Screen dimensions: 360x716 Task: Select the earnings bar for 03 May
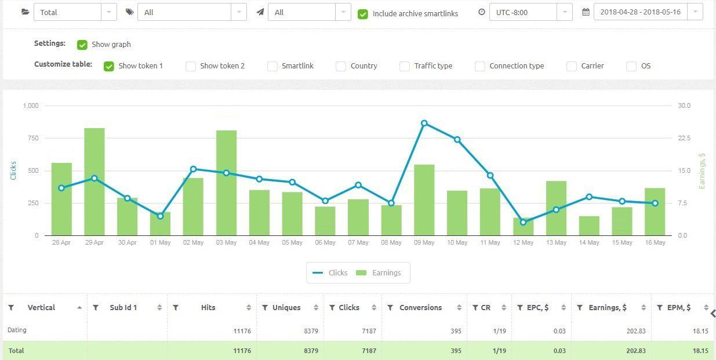[x=226, y=183]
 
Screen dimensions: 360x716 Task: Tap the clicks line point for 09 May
[x=424, y=123]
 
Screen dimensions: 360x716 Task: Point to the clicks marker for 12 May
[x=523, y=222]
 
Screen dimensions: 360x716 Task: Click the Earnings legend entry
[x=380, y=272]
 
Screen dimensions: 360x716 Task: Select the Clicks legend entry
[x=330, y=272]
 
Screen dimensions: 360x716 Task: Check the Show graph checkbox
[x=82, y=45]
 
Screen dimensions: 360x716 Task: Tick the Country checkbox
[x=341, y=66]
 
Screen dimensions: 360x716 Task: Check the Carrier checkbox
[x=572, y=66]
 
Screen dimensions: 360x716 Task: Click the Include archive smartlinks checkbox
[x=363, y=14]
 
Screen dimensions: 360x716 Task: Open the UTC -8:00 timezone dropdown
[x=530, y=12]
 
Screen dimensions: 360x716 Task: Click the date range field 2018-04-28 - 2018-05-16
[x=640, y=12]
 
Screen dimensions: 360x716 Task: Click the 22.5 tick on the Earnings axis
[x=684, y=138]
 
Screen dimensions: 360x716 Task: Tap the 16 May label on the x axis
[x=655, y=242]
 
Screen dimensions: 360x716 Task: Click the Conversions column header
[x=420, y=308]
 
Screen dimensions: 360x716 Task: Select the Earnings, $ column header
[x=607, y=308]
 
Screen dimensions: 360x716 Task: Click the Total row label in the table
[x=16, y=351]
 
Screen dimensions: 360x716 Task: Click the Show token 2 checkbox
[x=191, y=66]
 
